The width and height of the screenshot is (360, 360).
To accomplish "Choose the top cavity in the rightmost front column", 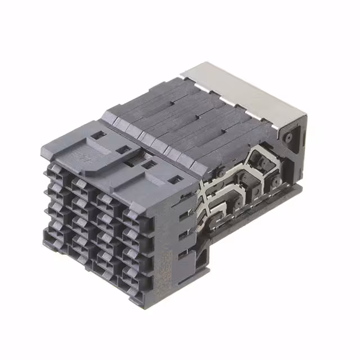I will [132, 217].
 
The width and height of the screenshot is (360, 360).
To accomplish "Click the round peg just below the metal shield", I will [288, 137].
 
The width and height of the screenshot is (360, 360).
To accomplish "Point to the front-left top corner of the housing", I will [43, 145].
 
